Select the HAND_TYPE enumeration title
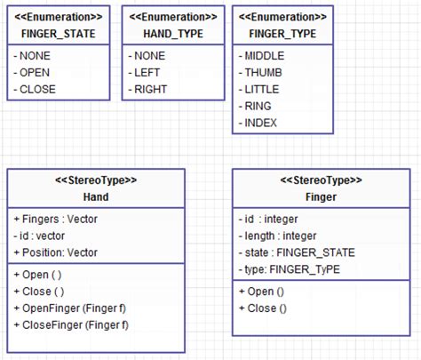click(172, 33)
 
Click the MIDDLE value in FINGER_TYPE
click(266, 55)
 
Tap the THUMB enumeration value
click(265, 72)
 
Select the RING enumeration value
click(259, 106)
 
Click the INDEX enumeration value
click(262, 123)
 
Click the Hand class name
click(96, 196)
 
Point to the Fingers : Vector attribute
click(57, 219)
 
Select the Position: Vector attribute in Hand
click(60, 252)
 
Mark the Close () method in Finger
click(263, 308)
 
